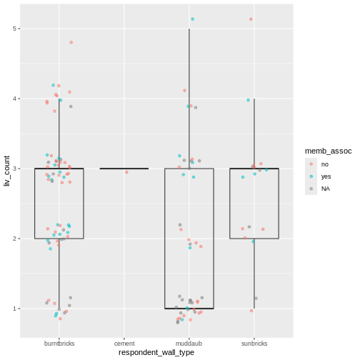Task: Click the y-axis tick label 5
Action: click(x=14, y=29)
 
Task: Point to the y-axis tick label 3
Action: click(x=14, y=169)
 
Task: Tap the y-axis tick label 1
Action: click(x=14, y=309)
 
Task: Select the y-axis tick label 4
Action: click(x=14, y=99)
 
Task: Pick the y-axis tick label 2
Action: click(x=14, y=239)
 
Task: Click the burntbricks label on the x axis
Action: click(x=59, y=343)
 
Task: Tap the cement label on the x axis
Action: click(x=124, y=343)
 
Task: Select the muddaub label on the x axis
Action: click(x=189, y=343)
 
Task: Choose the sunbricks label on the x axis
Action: click(x=254, y=343)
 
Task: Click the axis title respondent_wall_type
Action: click(x=156, y=352)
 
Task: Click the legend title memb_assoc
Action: click(x=328, y=151)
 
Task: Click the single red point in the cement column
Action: click(x=127, y=172)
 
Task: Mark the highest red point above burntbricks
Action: click(x=71, y=42)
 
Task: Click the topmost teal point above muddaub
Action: click(x=192, y=19)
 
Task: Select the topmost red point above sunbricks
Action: click(x=251, y=19)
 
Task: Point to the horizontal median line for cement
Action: click(x=124, y=169)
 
